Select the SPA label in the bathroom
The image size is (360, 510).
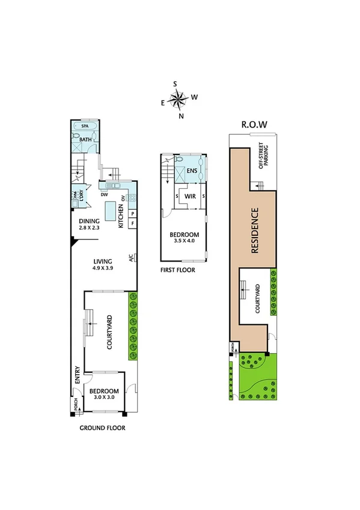(x=85, y=127)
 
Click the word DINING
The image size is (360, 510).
(x=90, y=221)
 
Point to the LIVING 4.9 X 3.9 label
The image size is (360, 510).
(x=103, y=264)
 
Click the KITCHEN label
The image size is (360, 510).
(x=121, y=215)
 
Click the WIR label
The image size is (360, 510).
(x=190, y=196)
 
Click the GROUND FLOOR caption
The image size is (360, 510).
(x=102, y=429)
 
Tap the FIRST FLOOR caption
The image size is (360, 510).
(x=177, y=270)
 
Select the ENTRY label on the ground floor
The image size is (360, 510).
(x=77, y=376)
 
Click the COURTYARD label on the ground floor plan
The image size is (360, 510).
(x=110, y=333)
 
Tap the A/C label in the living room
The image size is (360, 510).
(x=131, y=258)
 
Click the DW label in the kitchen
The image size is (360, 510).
(x=104, y=195)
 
